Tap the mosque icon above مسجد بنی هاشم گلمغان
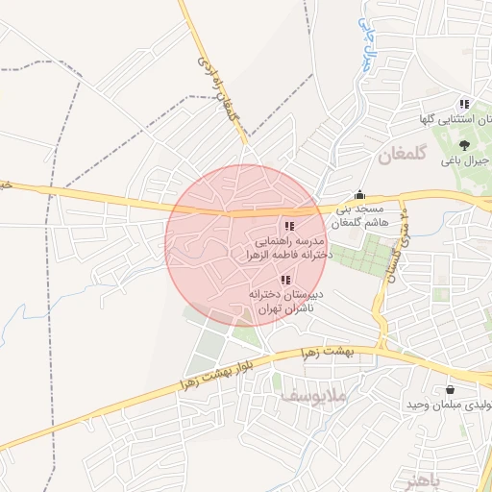click(360, 193)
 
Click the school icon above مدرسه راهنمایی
click(289, 226)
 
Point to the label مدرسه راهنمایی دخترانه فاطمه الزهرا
click(287, 248)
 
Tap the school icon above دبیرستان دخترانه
click(284, 279)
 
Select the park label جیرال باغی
click(471, 161)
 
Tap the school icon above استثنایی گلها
click(464, 104)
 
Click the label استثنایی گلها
click(451, 120)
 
